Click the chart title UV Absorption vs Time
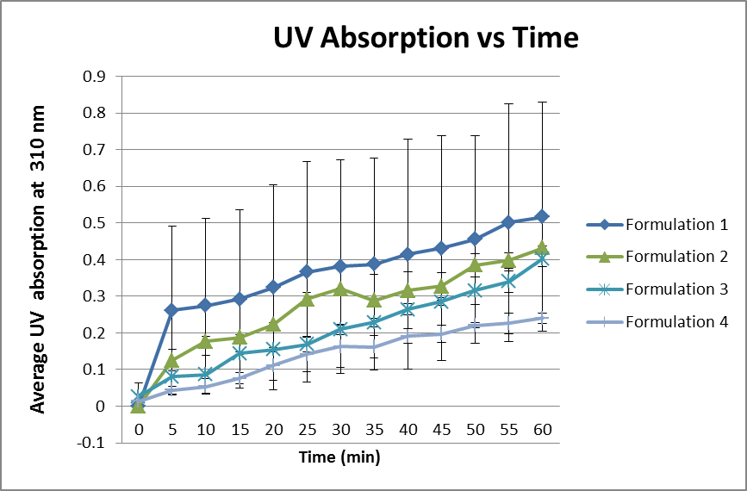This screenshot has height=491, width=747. click(426, 38)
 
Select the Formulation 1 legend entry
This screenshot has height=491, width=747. click(677, 226)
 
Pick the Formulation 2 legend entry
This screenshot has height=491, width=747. click(677, 257)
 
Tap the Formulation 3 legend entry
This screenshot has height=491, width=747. click(677, 289)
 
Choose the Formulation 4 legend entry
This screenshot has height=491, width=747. click(677, 322)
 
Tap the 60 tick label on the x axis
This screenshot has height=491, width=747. click(542, 429)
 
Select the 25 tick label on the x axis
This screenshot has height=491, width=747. click(306, 429)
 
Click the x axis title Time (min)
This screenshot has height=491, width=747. click(339, 457)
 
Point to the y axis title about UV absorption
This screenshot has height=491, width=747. click(39, 259)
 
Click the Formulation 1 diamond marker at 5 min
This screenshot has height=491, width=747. click(171, 310)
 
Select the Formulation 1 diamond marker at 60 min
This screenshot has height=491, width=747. click(542, 216)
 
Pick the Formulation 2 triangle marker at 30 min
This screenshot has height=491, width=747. click(339, 289)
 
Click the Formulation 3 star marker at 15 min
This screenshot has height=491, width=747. click(239, 353)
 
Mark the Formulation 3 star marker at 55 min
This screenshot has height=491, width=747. click(508, 282)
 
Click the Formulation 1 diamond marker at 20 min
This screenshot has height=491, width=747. click(272, 287)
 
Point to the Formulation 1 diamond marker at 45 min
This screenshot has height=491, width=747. click(441, 248)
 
